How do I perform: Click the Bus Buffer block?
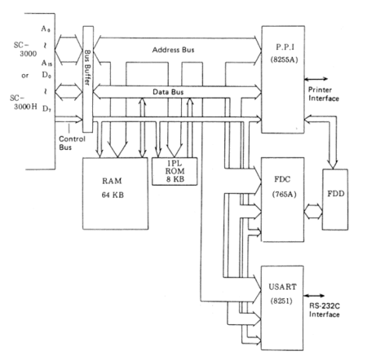pos(88,79)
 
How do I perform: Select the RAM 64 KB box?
pos(116,193)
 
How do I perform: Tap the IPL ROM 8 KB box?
pos(175,171)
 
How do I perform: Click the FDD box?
pos(335,200)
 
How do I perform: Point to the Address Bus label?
pos(173,50)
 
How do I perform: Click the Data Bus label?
pos(168,92)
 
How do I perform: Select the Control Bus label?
pos(72,143)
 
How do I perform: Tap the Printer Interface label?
pos(324,94)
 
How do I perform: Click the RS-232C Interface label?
pos(325,310)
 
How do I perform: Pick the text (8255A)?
pos(284,59)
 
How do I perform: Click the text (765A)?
pos(284,195)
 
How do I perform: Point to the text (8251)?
pos(281,301)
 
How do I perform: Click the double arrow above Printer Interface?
pos(316,79)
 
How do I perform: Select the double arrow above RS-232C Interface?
pos(314,296)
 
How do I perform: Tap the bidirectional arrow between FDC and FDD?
pos(313,212)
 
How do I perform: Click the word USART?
pos(282,287)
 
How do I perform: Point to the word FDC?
pos(282,179)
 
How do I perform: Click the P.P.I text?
pos(285,47)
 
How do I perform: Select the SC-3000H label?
pos(24,102)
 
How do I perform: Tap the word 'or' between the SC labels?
pos(24,76)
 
